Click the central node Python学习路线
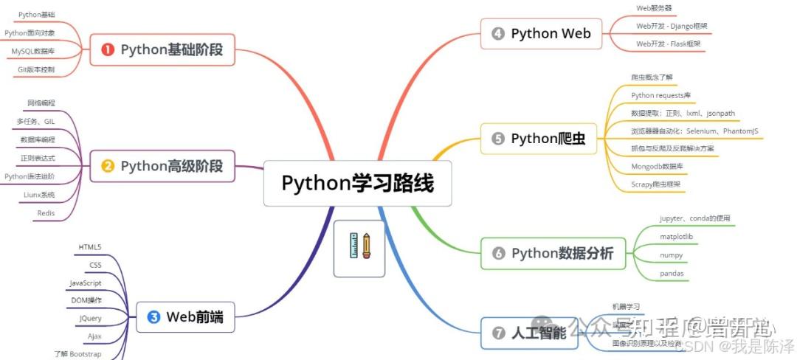[357, 183]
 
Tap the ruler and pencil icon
[359, 248]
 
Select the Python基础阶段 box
[162, 50]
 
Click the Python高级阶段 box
[162, 166]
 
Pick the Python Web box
[541, 33]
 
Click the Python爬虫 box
[539, 139]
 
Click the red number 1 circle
[108, 50]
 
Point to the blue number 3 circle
[153, 317]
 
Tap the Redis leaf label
[46, 213]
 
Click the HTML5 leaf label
[89, 246]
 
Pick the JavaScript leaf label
[86, 283]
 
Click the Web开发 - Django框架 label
[672, 26]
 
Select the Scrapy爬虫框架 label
[656, 184]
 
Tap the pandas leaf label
[672, 273]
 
